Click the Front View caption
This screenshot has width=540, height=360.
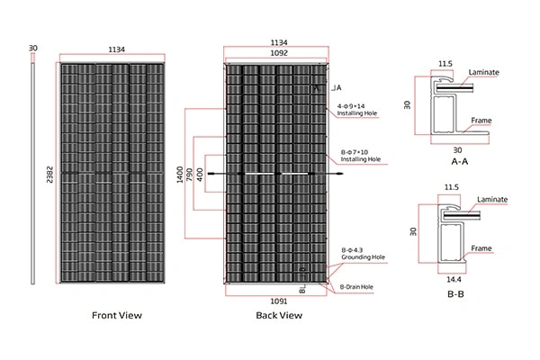[118, 316]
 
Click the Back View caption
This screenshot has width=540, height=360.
[279, 316]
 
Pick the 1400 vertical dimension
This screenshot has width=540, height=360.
[179, 172]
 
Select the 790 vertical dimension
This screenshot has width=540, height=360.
[190, 172]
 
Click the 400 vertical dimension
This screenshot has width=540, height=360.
[200, 172]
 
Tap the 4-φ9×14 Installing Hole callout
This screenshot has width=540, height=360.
[357, 110]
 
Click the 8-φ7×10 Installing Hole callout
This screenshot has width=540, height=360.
[361, 155]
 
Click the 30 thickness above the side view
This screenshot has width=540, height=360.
[33, 47]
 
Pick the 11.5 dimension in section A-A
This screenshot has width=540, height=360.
[445, 65]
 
